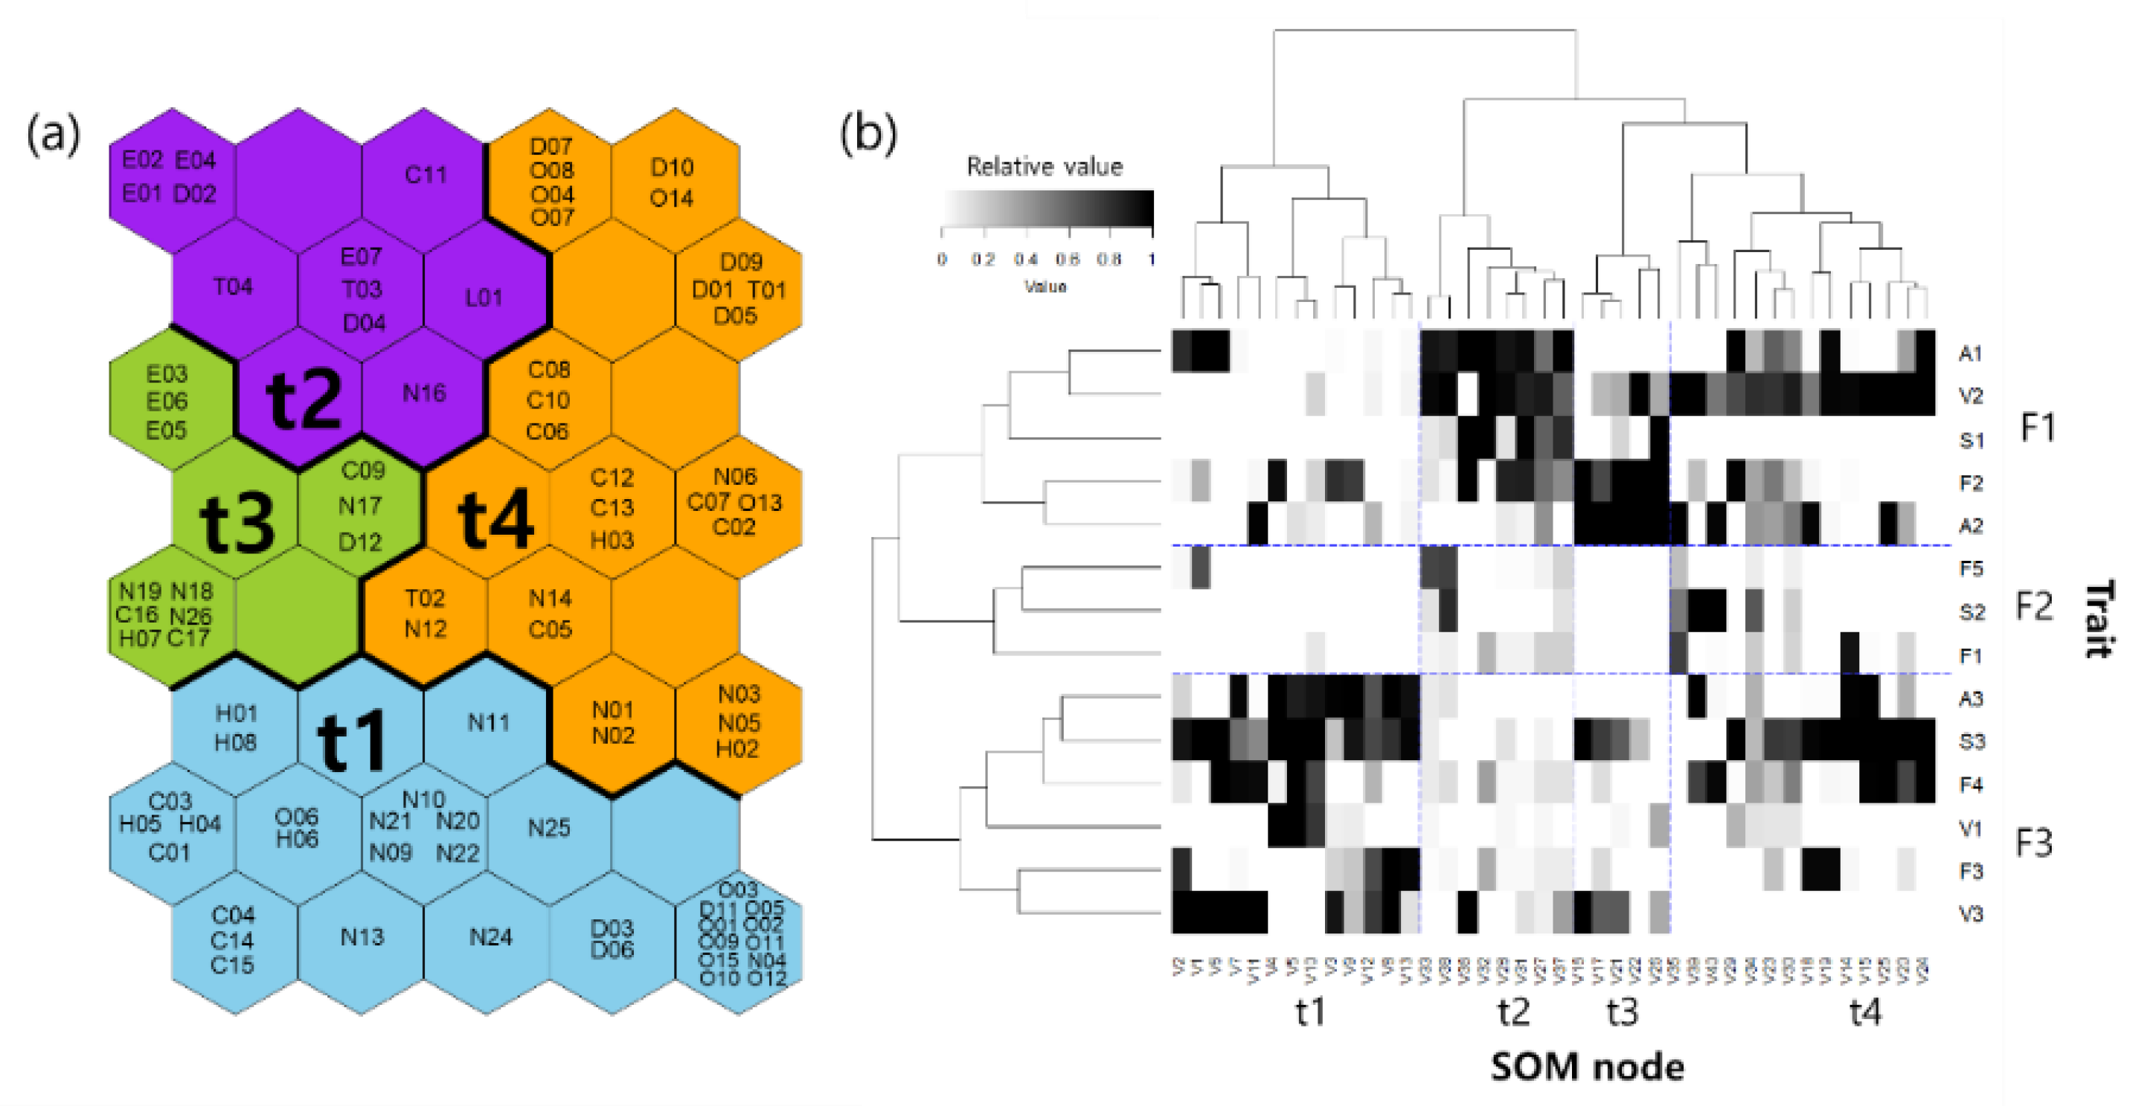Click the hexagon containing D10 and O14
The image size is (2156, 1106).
point(672,182)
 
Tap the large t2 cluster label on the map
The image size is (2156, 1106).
point(303,400)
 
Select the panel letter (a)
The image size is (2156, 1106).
point(54,135)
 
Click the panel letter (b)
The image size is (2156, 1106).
point(868,135)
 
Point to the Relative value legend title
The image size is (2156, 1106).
point(1044,167)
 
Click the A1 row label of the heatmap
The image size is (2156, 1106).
point(1970,353)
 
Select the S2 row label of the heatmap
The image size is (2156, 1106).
point(1971,612)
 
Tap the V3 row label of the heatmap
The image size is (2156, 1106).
point(1971,913)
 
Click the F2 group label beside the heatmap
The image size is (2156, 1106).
point(2034,606)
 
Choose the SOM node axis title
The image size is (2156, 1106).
point(1587,1067)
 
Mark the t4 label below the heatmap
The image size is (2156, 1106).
point(1864,1012)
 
